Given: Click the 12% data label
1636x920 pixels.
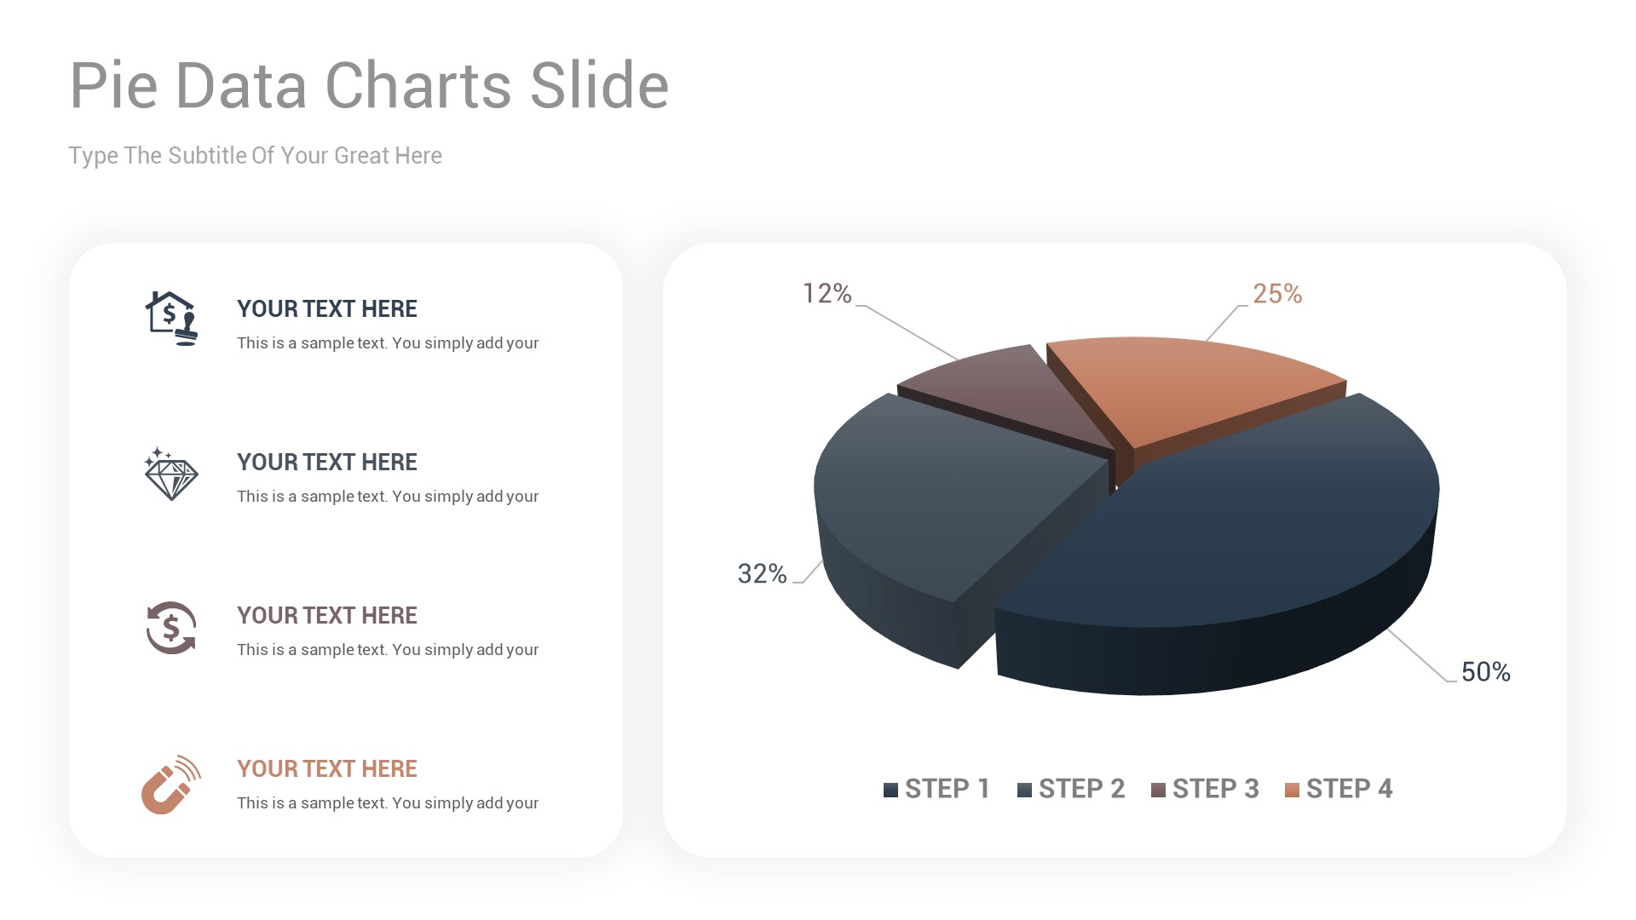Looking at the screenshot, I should point(827,294).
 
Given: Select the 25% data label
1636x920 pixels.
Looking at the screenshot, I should point(1276,294).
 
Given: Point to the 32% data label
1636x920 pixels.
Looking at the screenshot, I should point(762,574).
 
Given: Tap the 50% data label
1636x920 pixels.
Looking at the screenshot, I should point(1485,672).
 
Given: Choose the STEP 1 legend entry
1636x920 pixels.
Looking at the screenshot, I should point(936,789).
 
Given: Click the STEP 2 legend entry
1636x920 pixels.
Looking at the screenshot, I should point(1071,789).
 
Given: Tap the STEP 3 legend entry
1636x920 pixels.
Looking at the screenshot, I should point(1205,789).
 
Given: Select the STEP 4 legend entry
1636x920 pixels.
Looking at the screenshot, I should point(1339,789).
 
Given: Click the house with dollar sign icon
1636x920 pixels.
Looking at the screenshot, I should point(170,318).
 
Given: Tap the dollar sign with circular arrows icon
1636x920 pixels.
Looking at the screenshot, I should point(170,628).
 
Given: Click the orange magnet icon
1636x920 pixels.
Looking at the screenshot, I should point(170,785).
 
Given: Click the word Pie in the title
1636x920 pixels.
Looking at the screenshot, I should point(113,85).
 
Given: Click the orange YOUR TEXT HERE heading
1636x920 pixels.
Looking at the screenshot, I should point(326,768).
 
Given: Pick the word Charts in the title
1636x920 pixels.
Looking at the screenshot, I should point(418,85).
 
